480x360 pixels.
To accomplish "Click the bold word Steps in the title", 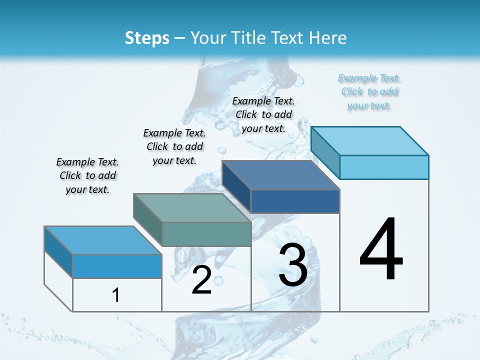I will click(x=147, y=38).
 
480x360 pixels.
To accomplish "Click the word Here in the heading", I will click(x=328, y=38).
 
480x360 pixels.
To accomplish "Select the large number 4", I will click(x=381, y=250).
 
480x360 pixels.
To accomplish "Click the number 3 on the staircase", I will click(x=293, y=265).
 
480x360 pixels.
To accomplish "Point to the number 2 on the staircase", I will click(x=201, y=280).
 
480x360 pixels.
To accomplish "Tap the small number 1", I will click(x=116, y=295).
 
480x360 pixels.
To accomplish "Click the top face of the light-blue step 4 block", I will click(x=370, y=140).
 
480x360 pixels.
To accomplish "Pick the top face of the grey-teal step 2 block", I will click(x=192, y=208).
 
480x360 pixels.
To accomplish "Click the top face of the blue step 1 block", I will click(x=103, y=240).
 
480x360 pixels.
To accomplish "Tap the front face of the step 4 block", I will click(x=384, y=167).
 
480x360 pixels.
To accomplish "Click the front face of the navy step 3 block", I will click(x=295, y=201).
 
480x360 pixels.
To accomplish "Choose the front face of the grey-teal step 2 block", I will click(x=206, y=234).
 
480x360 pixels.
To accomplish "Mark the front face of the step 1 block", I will click(x=117, y=266).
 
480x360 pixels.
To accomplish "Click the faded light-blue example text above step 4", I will click(x=369, y=92).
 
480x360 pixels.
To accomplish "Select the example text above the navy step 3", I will click(x=263, y=115).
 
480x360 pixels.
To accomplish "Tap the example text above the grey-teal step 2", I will click(x=174, y=146).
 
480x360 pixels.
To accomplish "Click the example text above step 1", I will click(x=87, y=175).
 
